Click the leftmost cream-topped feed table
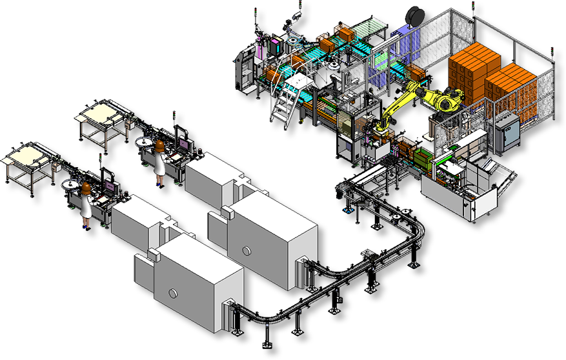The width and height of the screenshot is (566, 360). (28, 157)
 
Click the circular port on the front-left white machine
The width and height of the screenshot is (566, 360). (174, 294)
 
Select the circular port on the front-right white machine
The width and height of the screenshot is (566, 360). (246, 250)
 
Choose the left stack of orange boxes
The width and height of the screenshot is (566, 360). (474, 70)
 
